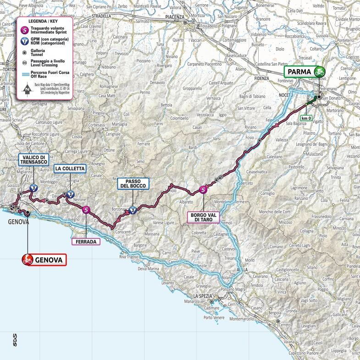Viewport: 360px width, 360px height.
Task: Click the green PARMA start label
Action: coord(299,72)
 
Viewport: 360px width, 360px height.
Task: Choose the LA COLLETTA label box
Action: coord(70,169)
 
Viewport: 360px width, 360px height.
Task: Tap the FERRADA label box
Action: coord(86,242)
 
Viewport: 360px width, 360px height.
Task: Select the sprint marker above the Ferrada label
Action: coord(86,210)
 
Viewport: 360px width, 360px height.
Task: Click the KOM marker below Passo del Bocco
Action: coord(132,211)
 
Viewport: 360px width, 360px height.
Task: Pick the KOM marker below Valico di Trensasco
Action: coord(33,188)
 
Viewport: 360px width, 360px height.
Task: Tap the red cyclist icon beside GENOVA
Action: coord(28,260)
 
